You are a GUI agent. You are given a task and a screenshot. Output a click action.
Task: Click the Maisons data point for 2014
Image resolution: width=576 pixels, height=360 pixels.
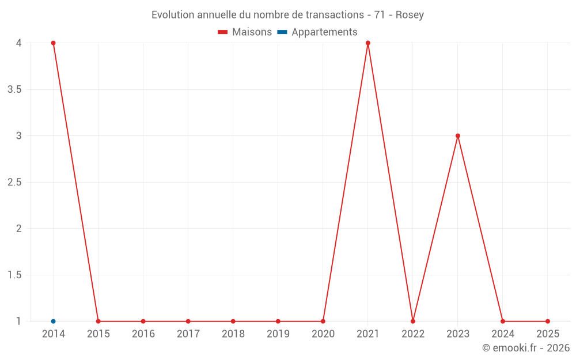click(53, 43)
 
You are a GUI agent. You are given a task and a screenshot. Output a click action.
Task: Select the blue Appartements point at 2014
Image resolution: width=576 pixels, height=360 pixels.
click(53, 321)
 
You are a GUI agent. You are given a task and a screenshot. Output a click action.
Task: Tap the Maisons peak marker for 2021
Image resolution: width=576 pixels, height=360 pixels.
click(367, 43)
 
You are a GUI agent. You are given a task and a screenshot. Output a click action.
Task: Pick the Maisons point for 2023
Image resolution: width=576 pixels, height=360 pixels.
click(458, 136)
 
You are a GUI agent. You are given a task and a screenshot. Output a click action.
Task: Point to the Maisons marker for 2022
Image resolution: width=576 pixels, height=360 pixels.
click(413, 321)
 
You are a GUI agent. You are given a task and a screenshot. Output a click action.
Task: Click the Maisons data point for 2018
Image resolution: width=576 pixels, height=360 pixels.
click(233, 321)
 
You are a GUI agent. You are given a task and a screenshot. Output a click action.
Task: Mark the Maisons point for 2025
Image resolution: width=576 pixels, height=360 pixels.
click(548, 321)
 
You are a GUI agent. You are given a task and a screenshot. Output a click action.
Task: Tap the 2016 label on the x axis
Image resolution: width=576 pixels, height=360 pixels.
click(143, 334)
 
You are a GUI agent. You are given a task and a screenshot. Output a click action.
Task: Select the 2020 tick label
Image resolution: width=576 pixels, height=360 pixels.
click(323, 334)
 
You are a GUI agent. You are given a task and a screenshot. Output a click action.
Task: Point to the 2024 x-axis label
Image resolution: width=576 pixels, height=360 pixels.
click(503, 334)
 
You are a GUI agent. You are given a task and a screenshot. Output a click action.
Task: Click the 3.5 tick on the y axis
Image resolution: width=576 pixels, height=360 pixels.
click(14, 89)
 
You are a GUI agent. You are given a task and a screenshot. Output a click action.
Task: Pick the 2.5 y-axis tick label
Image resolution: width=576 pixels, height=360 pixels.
click(14, 182)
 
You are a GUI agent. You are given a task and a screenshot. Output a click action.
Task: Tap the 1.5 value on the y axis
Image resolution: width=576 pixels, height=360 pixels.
click(14, 275)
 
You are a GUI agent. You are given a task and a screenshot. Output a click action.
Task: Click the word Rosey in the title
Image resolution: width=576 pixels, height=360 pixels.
click(410, 15)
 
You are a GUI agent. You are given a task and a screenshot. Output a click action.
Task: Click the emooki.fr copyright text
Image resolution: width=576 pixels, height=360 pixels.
click(526, 348)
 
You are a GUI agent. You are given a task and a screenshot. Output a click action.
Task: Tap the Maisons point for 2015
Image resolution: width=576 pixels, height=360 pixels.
click(98, 321)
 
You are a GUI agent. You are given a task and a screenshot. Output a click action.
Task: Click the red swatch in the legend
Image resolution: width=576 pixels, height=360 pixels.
click(223, 32)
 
